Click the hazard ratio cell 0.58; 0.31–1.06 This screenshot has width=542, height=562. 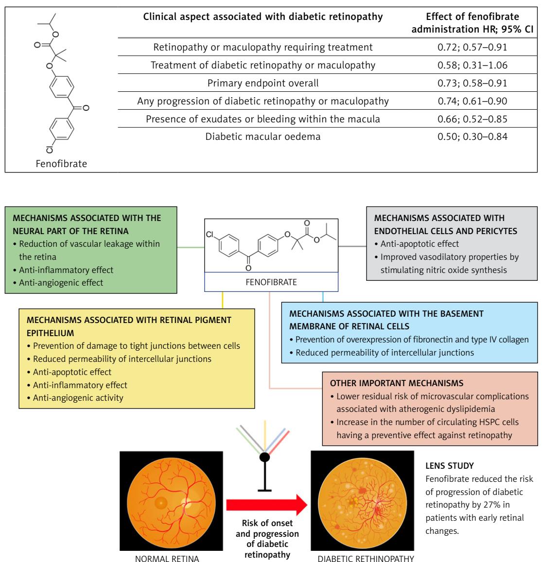coord(472,65)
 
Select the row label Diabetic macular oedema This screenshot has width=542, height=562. coord(263,136)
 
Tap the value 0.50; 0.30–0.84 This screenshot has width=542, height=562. coord(472,136)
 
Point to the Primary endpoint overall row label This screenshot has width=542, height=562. coord(263,83)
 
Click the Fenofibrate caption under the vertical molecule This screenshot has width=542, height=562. coord(61,164)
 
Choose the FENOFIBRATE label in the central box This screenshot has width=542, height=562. coord(271,282)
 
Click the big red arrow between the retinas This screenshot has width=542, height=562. coord(266,505)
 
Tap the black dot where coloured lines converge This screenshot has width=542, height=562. coord(264,457)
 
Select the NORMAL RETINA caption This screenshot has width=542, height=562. coord(167,559)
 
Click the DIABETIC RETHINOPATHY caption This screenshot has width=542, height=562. coord(366,559)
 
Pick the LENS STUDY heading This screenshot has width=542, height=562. coord(450,466)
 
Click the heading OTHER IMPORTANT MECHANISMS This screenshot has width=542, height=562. coord(397,383)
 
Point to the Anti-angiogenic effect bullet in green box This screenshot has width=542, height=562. coord(61,283)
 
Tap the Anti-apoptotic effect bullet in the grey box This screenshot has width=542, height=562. coord(417,244)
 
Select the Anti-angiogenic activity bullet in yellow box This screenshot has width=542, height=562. coord(75,398)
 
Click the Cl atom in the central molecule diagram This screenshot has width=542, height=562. coord(210,235)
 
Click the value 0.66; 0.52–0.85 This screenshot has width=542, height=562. coord(472,119)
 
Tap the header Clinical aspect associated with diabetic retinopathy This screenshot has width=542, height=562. coord(263,17)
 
